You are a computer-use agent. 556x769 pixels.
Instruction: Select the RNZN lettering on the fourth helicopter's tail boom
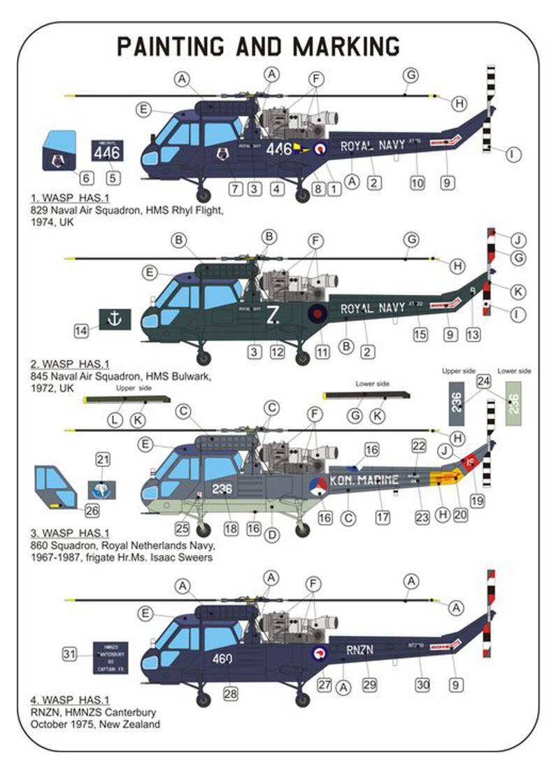[x=359, y=649]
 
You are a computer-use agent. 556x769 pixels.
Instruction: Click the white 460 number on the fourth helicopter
[x=222, y=658]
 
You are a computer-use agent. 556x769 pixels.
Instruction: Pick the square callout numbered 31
[x=69, y=655]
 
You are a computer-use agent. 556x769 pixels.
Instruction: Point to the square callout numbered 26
[x=92, y=510]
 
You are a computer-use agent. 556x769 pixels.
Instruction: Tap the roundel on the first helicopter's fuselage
[x=320, y=148]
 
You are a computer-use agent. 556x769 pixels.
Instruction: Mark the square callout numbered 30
[x=422, y=686]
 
